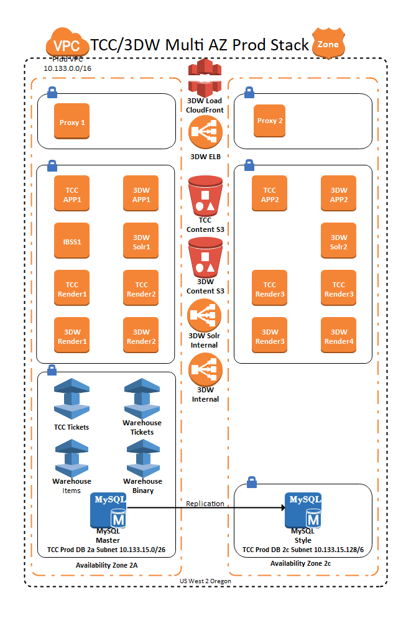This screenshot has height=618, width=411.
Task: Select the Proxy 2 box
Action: (270, 120)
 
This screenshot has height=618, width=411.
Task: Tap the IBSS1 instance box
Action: (72, 240)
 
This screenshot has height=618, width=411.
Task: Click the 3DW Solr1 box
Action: (141, 241)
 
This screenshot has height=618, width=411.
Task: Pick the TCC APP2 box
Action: (269, 194)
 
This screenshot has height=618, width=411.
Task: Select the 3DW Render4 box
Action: (339, 336)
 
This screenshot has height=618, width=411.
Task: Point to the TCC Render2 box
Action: (141, 288)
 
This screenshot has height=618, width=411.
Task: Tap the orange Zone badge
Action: (328, 44)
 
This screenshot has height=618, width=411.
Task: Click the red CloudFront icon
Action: (205, 76)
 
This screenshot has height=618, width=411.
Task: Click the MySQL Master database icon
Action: (109, 509)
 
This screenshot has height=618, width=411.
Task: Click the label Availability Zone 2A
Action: (106, 565)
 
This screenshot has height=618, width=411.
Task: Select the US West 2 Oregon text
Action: (205, 581)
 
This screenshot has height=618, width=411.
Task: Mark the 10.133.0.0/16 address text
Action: (68, 67)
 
